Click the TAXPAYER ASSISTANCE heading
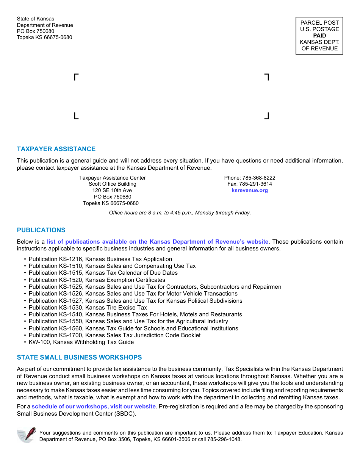point(56,149)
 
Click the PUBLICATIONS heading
point(41,230)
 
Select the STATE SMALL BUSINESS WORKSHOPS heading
point(79,357)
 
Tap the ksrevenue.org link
point(250,191)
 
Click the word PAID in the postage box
point(319,36)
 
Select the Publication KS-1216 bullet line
point(100,259)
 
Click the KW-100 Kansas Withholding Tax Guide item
point(81,342)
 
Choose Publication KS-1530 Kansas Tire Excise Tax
point(88,308)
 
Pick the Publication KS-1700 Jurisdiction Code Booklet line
point(114,335)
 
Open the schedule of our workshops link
point(94,407)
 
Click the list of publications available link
point(158,242)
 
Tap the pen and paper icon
point(27,435)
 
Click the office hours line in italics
point(180,213)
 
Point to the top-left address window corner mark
point(76,77)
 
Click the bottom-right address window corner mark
point(267,116)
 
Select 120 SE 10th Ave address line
point(112,191)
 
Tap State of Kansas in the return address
point(36,19)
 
